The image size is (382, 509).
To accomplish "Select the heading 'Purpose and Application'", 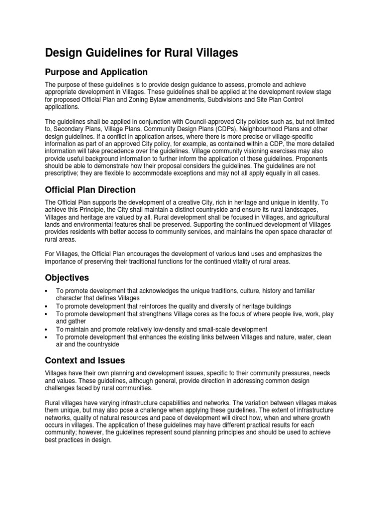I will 96,72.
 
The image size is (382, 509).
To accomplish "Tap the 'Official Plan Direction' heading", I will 90,190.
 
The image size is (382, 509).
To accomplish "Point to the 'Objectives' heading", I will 67,277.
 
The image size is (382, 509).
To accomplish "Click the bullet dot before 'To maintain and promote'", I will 46,330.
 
